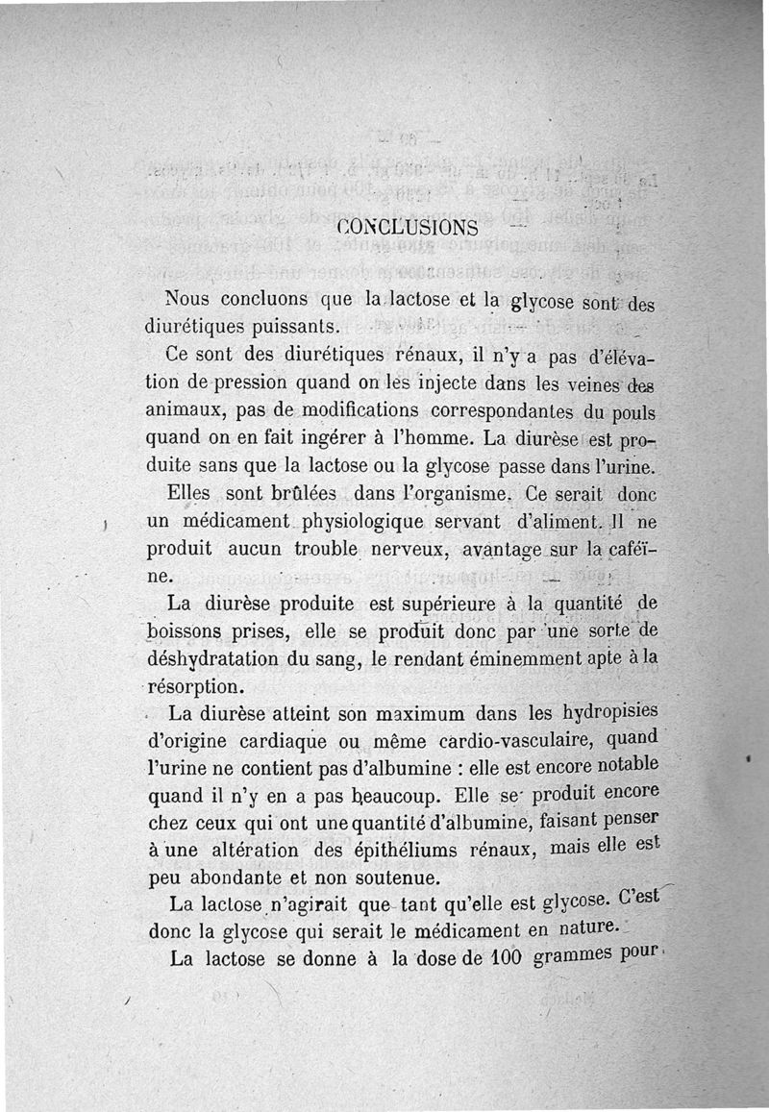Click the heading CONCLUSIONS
coord(409,228)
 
